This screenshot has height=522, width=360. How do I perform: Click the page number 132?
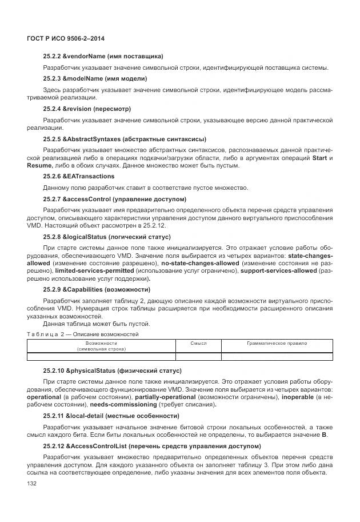coord(32,484)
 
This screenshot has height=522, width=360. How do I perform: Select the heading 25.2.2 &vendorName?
coord(103,56)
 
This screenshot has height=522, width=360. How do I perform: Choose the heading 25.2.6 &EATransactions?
coord(78,176)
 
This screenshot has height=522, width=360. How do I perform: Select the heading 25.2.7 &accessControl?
coord(114,199)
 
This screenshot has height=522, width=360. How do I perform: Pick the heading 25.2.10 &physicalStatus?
coord(111,370)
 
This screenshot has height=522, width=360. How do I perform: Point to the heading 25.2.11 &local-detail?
coord(111,415)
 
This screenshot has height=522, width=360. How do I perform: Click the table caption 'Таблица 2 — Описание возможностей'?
coord(82,334)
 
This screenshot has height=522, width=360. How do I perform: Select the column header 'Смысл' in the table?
coord(198,343)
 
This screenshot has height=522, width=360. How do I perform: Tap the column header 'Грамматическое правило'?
coord(277,343)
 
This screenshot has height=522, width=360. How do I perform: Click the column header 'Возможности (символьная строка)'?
coord(101,345)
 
